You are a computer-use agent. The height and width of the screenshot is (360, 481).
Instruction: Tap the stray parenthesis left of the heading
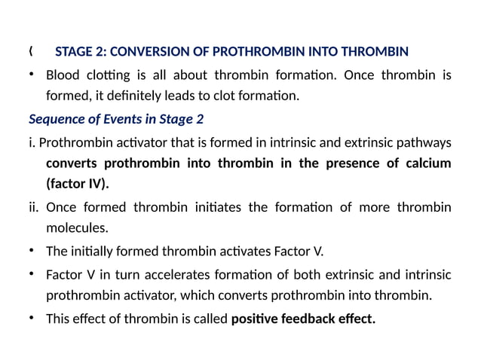pyautogui.click(x=31, y=51)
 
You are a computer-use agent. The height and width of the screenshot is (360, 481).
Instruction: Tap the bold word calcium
pyautogui.click(x=427, y=163)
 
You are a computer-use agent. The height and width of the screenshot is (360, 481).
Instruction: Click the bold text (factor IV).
pyautogui.click(x=77, y=185)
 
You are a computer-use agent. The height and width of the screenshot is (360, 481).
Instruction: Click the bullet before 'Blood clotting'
pyautogui.click(x=32, y=75)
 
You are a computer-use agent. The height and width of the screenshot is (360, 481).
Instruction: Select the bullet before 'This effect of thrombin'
pyautogui.click(x=32, y=318)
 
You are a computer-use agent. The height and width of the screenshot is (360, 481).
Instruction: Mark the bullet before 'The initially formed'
pyautogui.click(x=32, y=251)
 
